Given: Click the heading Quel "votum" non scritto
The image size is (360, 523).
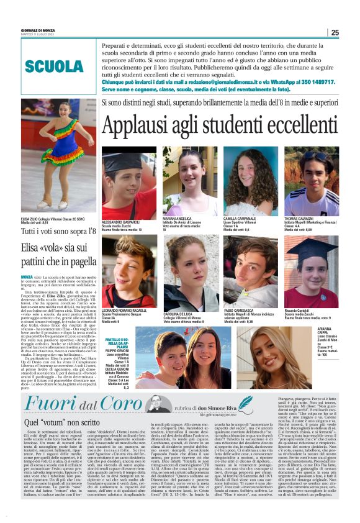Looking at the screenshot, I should tap(53, 421).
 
